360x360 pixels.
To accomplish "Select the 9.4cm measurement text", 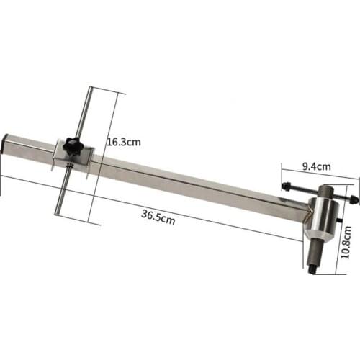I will (316, 166).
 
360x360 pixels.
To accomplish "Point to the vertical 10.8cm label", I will (346, 243).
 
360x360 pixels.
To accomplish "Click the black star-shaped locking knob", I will (73, 146).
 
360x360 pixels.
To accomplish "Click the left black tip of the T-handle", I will (287, 187).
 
